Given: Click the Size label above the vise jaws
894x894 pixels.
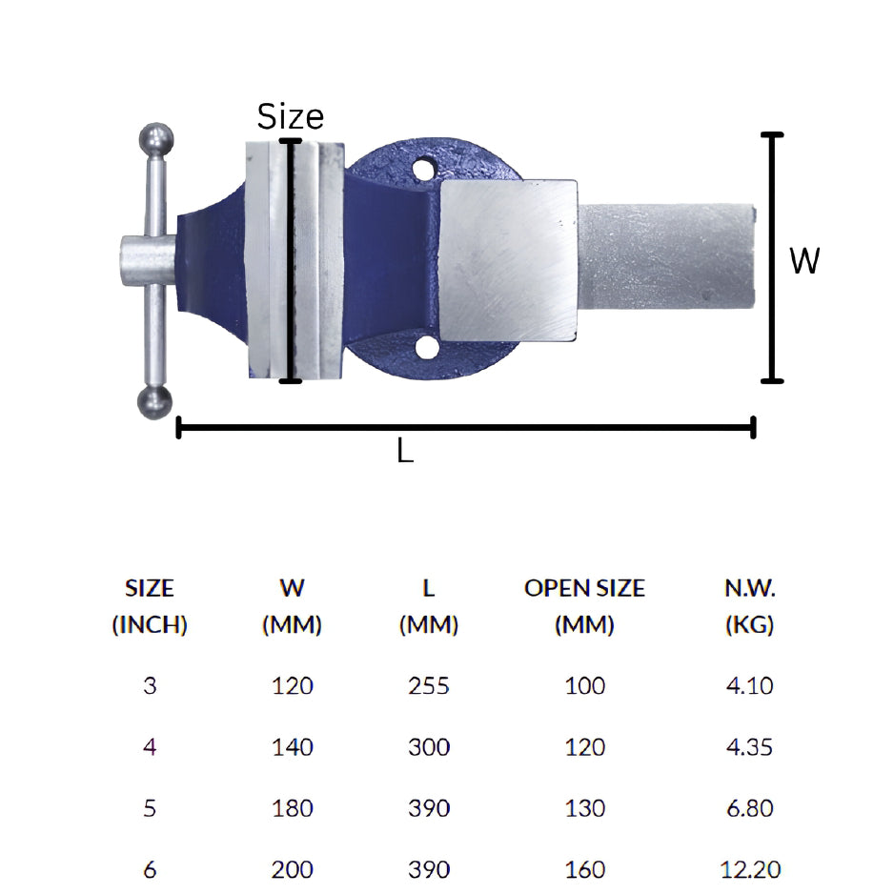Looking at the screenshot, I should click(291, 116).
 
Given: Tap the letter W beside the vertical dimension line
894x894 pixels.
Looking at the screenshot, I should click(804, 260).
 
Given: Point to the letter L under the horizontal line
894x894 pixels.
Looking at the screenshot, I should click(405, 453).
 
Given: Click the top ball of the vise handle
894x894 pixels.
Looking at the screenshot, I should click(156, 140).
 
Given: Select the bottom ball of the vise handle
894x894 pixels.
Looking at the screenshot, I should click(155, 403).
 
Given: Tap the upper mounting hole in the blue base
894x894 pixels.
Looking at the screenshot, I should click(423, 172).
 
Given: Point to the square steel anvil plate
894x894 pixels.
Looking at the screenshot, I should click(508, 259).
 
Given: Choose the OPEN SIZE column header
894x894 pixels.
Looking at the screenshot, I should click(584, 606).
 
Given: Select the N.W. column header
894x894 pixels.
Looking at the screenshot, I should click(749, 606).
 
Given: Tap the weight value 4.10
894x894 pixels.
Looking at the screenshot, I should click(749, 685).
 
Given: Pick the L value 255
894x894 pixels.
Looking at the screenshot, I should click(429, 685).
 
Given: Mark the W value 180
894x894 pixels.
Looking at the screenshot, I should click(292, 808).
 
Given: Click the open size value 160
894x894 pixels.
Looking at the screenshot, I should click(584, 869).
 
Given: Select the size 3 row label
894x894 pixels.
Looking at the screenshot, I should click(150, 685).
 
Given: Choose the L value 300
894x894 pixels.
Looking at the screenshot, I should click(429, 747).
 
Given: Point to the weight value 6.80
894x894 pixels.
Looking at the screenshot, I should click(749, 808).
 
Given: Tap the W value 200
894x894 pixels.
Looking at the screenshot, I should click(292, 869).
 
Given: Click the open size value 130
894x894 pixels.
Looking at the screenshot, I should click(584, 808).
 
